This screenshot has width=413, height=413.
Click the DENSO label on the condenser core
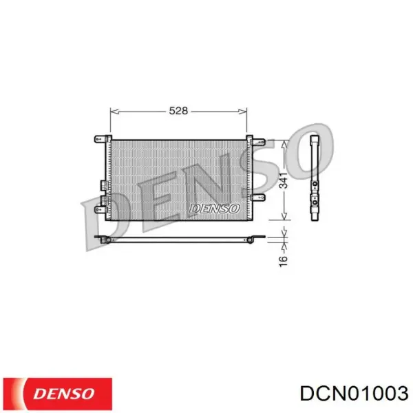(x=214, y=208)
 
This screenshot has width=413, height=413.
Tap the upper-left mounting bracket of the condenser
(x=100, y=139)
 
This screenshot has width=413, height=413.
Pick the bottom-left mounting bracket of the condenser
(x=100, y=202)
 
